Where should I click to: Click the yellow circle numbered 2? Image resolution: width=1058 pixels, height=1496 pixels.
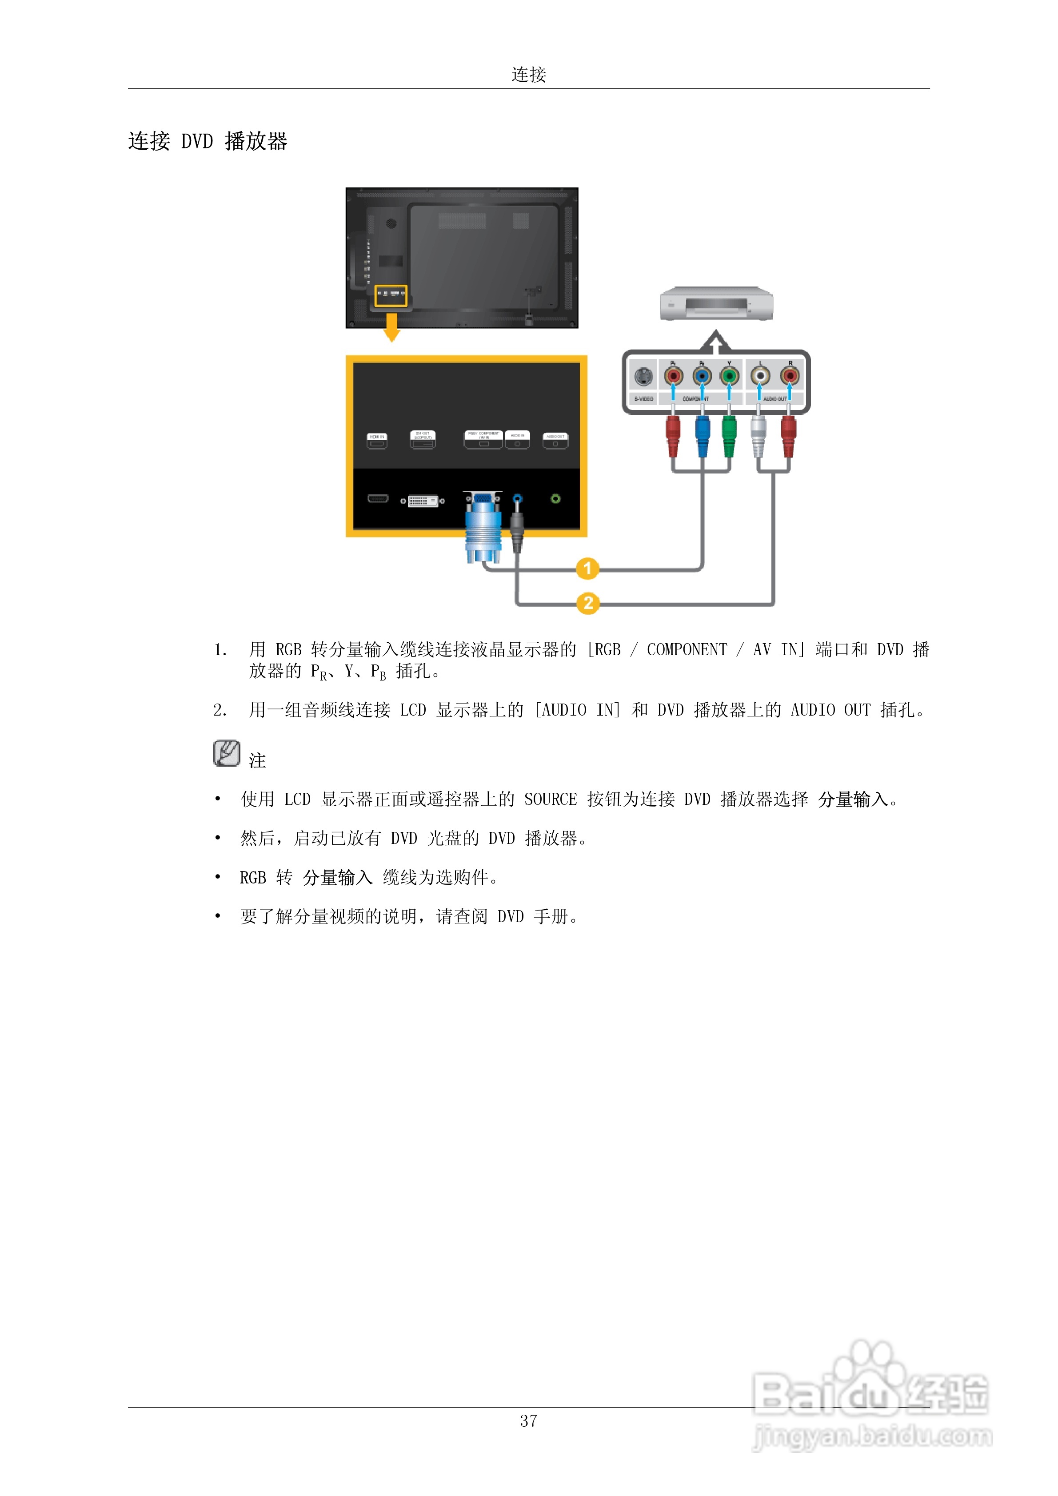click(588, 603)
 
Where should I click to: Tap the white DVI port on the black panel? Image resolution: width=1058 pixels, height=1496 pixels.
click(423, 501)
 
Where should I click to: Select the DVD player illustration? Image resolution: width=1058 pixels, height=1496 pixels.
click(716, 304)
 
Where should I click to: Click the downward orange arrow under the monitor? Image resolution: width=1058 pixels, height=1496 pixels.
click(392, 327)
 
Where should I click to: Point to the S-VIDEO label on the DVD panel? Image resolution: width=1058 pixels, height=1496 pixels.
click(643, 399)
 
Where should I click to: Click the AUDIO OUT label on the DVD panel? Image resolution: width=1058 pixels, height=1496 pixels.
click(775, 399)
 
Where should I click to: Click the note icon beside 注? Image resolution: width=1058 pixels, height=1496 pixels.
click(226, 753)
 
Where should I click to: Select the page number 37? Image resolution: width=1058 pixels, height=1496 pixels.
click(529, 1420)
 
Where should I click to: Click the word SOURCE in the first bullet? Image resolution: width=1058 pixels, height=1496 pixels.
click(550, 800)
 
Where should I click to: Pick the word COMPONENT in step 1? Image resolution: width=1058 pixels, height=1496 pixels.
click(687, 649)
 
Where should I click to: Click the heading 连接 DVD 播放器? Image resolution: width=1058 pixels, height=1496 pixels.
click(208, 141)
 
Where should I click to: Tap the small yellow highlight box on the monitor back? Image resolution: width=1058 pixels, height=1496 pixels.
click(391, 295)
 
